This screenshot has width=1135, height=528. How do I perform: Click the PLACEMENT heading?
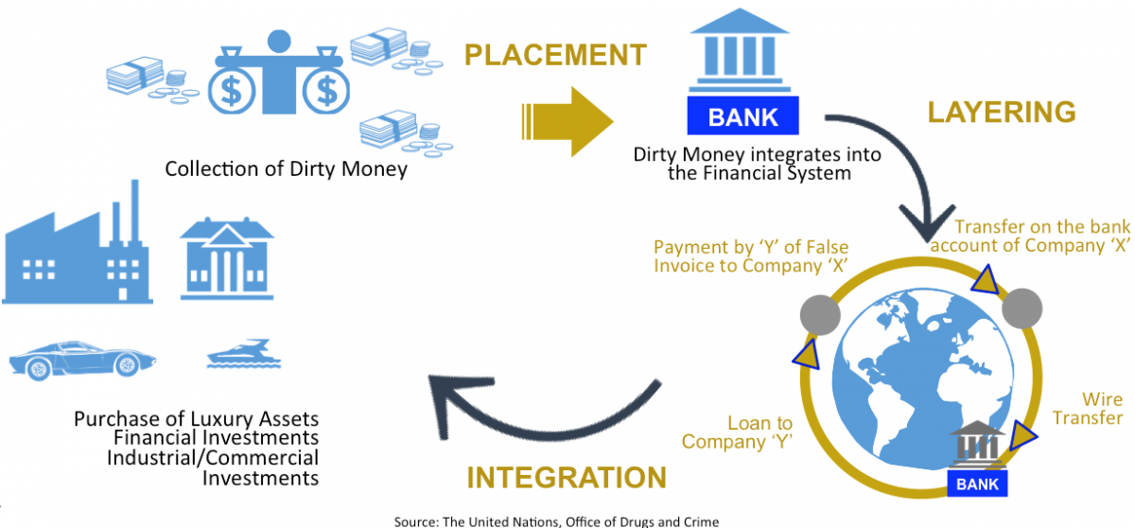click(555, 55)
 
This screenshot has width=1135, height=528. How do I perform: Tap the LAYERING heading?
click(1002, 113)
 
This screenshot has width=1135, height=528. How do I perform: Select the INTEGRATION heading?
click(567, 476)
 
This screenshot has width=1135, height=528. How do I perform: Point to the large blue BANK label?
click(743, 117)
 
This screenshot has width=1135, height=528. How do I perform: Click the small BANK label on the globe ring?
click(978, 483)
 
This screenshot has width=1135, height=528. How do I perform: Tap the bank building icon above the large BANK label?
click(743, 58)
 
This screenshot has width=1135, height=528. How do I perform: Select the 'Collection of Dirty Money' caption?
click(286, 169)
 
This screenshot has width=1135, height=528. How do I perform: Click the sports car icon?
click(82, 360)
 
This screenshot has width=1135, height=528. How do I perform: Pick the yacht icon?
click(240, 356)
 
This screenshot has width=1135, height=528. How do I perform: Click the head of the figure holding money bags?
click(279, 43)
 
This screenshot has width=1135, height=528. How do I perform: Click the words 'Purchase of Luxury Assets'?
click(196, 418)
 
